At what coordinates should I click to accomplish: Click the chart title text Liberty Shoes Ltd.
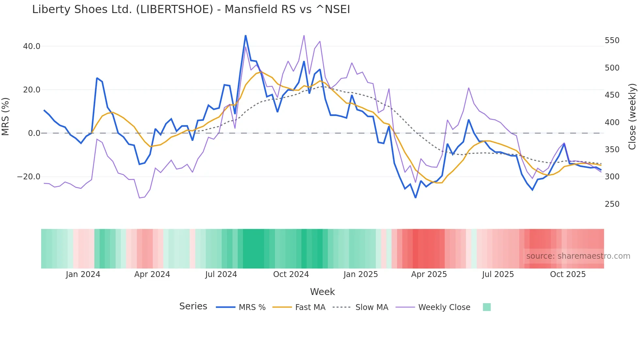click(x=191, y=9)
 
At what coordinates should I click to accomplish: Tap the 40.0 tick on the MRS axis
click(x=32, y=46)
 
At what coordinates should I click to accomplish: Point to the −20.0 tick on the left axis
click(x=29, y=177)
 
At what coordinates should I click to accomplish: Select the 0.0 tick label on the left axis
click(x=34, y=133)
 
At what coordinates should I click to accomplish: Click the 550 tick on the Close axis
click(x=612, y=41)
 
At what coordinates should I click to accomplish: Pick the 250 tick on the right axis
click(x=612, y=204)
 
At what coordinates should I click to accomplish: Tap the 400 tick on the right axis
click(x=612, y=123)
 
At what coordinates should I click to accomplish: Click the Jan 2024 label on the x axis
click(x=83, y=274)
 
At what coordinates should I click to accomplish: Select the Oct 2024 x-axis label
click(x=291, y=274)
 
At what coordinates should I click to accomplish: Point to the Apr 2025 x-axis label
click(x=429, y=274)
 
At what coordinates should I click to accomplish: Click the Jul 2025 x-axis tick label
click(x=498, y=274)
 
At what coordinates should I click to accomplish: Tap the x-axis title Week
click(x=322, y=292)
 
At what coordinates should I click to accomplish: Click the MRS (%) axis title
click(x=6, y=117)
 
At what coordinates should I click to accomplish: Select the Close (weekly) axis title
click(x=632, y=117)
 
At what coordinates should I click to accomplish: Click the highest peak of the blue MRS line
click(x=246, y=36)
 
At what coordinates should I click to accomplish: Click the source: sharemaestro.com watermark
click(x=578, y=256)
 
